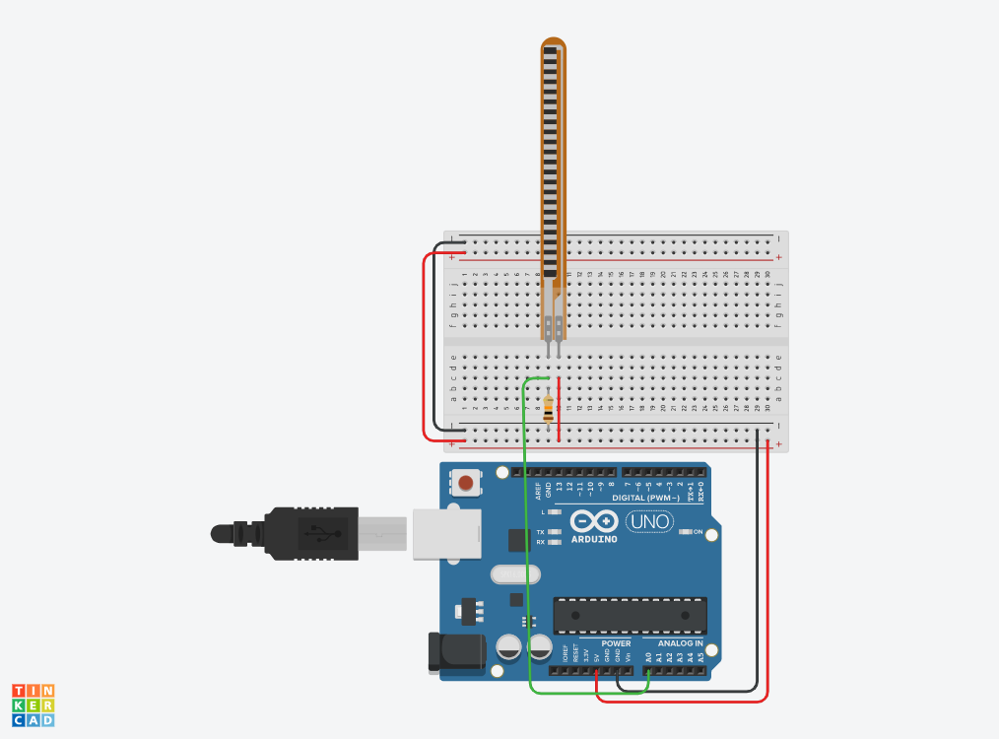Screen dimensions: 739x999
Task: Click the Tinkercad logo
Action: point(33,705)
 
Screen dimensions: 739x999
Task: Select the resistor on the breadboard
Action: point(548,405)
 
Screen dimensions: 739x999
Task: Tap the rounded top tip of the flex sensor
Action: point(554,43)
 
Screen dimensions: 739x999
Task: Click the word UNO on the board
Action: point(649,521)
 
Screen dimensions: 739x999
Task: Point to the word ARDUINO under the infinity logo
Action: point(594,539)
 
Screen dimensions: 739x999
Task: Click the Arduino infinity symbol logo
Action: point(593,521)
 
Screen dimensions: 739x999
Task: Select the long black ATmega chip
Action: point(630,615)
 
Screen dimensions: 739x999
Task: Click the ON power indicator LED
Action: point(687,532)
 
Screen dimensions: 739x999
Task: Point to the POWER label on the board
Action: point(616,643)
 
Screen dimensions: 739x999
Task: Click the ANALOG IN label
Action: point(680,643)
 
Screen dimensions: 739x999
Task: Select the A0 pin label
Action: point(648,656)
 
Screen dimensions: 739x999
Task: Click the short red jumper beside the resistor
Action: point(559,409)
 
